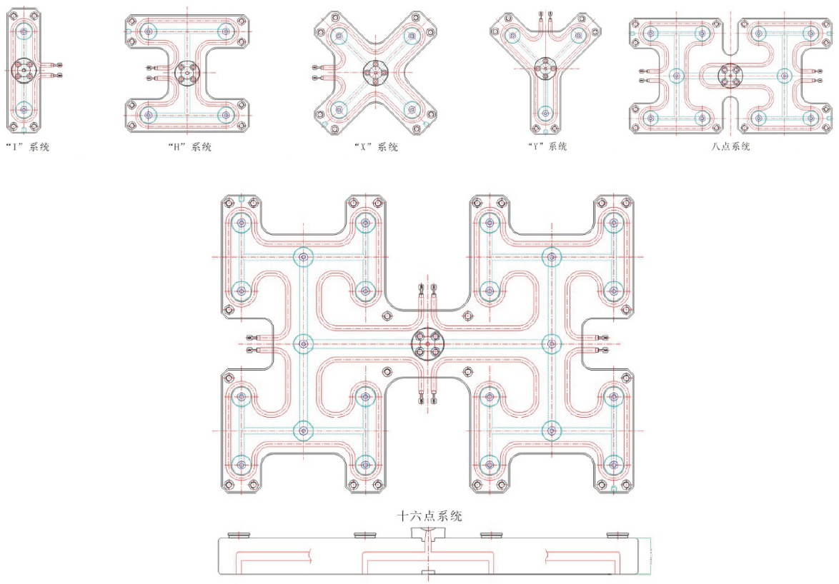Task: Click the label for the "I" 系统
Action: coord(27,146)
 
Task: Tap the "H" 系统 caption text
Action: coord(189,146)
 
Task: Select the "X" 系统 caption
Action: coord(376,146)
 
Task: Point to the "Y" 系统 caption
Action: coord(546,146)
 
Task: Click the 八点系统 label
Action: coord(730,146)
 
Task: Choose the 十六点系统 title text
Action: coord(429,515)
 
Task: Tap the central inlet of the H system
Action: coord(187,73)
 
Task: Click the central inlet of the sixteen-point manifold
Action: coord(428,343)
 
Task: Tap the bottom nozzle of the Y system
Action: coord(545,113)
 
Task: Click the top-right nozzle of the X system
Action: coord(412,36)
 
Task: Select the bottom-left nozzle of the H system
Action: coord(148,114)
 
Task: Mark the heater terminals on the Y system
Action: coord(545,21)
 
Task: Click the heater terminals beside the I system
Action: coord(55,71)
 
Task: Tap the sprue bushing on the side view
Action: coord(428,534)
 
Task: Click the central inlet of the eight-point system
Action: coord(730,76)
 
